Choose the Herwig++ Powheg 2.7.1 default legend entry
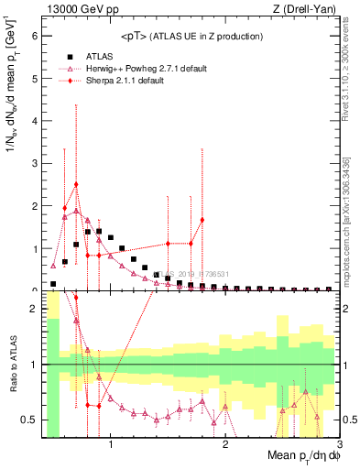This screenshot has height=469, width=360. tap(128, 68)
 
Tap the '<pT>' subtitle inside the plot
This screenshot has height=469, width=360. tap(190, 36)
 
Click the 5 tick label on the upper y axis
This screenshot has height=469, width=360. tap(34, 79)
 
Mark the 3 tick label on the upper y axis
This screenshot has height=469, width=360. tap(34, 163)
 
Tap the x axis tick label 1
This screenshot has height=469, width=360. tap(111, 446)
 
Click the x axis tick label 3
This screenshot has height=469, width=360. tap(339, 446)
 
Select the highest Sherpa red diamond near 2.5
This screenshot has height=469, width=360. tap(76, 184)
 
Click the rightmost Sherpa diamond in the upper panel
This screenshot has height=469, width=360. tap(202, 220)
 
